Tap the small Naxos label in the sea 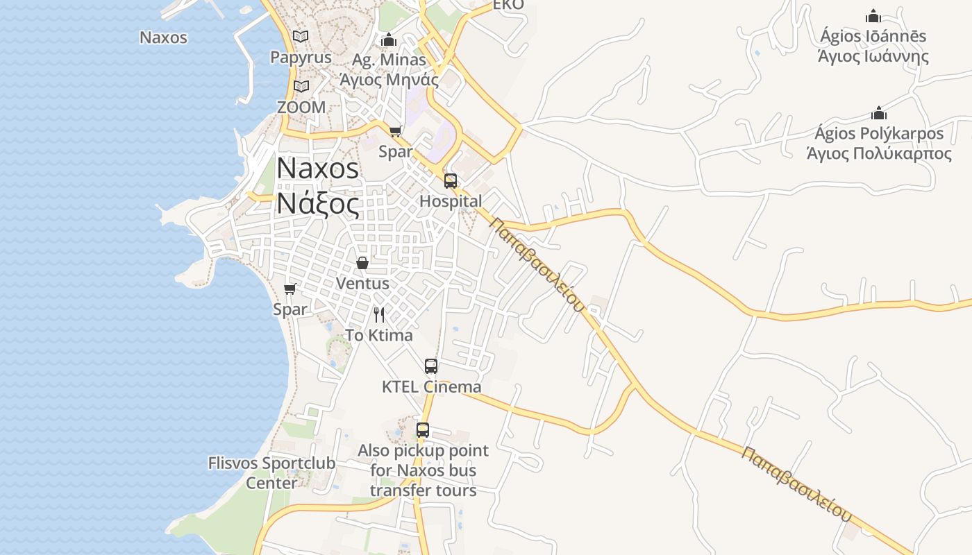tap(163, 37)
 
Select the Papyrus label tap(301, 58)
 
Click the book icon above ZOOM tap(301, 87)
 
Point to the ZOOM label tap(301, 108)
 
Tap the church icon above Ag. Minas tap(389, 40)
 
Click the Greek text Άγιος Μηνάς tap(389, 80)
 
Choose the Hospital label tap(451, 202)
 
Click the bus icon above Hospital tap(451, 181)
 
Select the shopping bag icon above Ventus tap(362, 263)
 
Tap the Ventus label tap(362, 284)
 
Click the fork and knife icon tap(379, 315)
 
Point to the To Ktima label tap(379, 336)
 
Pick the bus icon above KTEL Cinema tap(431, 366)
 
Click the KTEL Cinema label tap(431, 387)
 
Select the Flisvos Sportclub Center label tap(271, 472)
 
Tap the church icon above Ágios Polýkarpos tap(879, 113)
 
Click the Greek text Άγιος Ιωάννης tap(873, 57)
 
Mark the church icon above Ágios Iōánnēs tap(873, 16)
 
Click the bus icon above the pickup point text tap(423, 430)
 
